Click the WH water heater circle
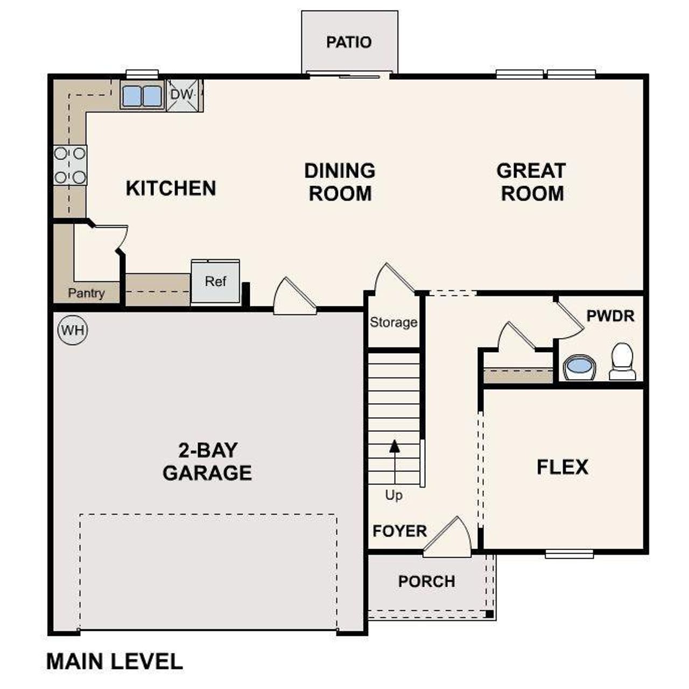pyautogui.click(x=73, y=329)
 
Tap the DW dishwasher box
pyautogui.click(x=183, y=95)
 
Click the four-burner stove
pyautogui.click(x=71, y=165)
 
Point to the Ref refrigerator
pyautogui.click(x=215, y=282)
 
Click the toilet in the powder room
pyautogui.click(x=623, y=361)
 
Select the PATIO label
pyautogui.click(x=349, y=42)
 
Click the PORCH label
pyautogui.click(x=426, y=581)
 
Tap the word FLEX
pyautogui.click(x=563, y=467)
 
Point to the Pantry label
pyautogui.click(x=86, y=293)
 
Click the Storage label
pyautogui.click(x=393, y=322)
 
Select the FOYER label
pyautogui.click(x=399, y=531)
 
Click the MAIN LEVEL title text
pyautogui.click(x=115, y=662)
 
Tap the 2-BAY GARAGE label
pyautogui.click(x=207, y=461)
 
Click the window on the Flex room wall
pyautogui.click(x=569, y=553)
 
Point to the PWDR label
pyautogui.click(x=610, y=316)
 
